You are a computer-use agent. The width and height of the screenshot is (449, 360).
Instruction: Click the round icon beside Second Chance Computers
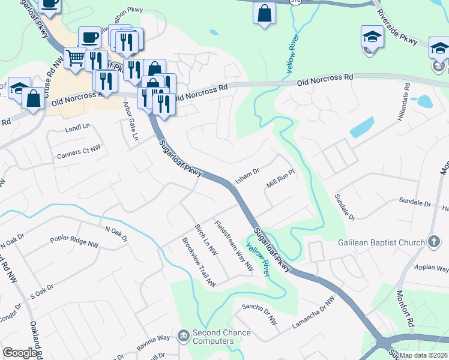[184, 333]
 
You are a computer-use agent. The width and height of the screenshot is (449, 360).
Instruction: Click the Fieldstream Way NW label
[234, 246]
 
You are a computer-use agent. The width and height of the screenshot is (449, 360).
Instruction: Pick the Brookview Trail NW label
[198, 262]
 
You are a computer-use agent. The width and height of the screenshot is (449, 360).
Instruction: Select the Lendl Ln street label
[77, 127]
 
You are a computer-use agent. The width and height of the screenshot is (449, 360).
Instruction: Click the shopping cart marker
[75, 58]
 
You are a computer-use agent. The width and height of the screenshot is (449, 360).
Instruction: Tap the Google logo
[20, 353]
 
